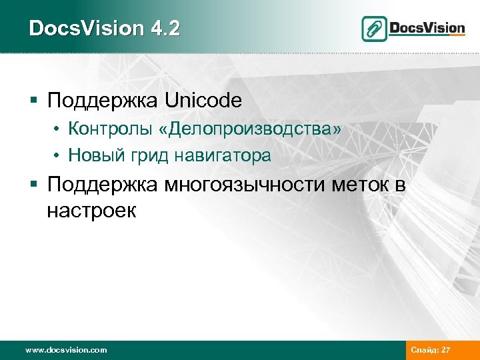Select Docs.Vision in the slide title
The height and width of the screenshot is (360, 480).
[87, 29]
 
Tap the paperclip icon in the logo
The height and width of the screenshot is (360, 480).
[374, 29]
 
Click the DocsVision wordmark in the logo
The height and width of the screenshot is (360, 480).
[427, 28]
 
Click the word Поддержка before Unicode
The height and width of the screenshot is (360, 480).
[103, 101]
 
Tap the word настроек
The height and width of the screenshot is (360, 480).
[91, 211]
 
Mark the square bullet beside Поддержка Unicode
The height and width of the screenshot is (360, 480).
[34, 102]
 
